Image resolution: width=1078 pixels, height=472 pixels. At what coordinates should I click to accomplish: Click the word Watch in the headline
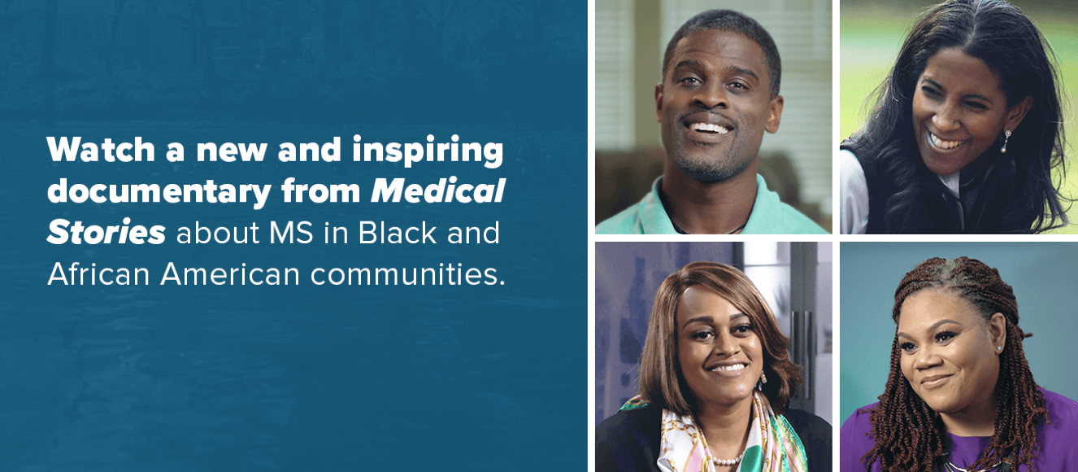tap(101, 150)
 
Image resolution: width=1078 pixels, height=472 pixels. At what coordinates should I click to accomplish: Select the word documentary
tap(159, 193)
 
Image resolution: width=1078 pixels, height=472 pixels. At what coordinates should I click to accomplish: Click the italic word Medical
tap(438, 191)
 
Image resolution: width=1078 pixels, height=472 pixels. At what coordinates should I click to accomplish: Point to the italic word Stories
tap(106, 233)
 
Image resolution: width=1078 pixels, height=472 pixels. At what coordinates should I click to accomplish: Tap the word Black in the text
tap(397, 233)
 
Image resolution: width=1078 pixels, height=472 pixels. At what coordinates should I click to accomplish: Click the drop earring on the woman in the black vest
tap(1004, 141)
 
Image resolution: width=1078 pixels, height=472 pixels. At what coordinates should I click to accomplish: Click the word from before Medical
tap(321, 191)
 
